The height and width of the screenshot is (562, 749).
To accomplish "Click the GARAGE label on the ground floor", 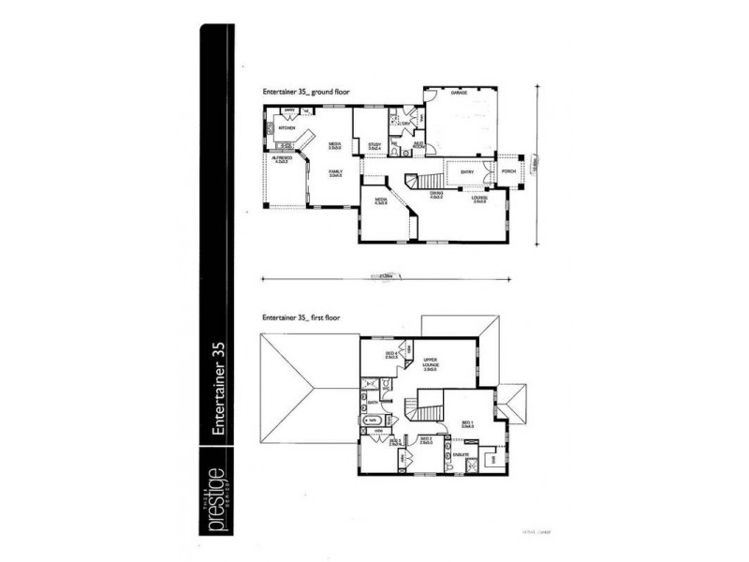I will point(459,95).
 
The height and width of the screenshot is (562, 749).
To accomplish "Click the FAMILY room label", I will point(335,172).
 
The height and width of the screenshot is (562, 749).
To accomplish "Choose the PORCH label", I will point(508,171).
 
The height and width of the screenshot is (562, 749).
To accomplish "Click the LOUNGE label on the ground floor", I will point(480,200).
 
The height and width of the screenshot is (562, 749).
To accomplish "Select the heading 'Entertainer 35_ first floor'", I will point(301,318).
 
